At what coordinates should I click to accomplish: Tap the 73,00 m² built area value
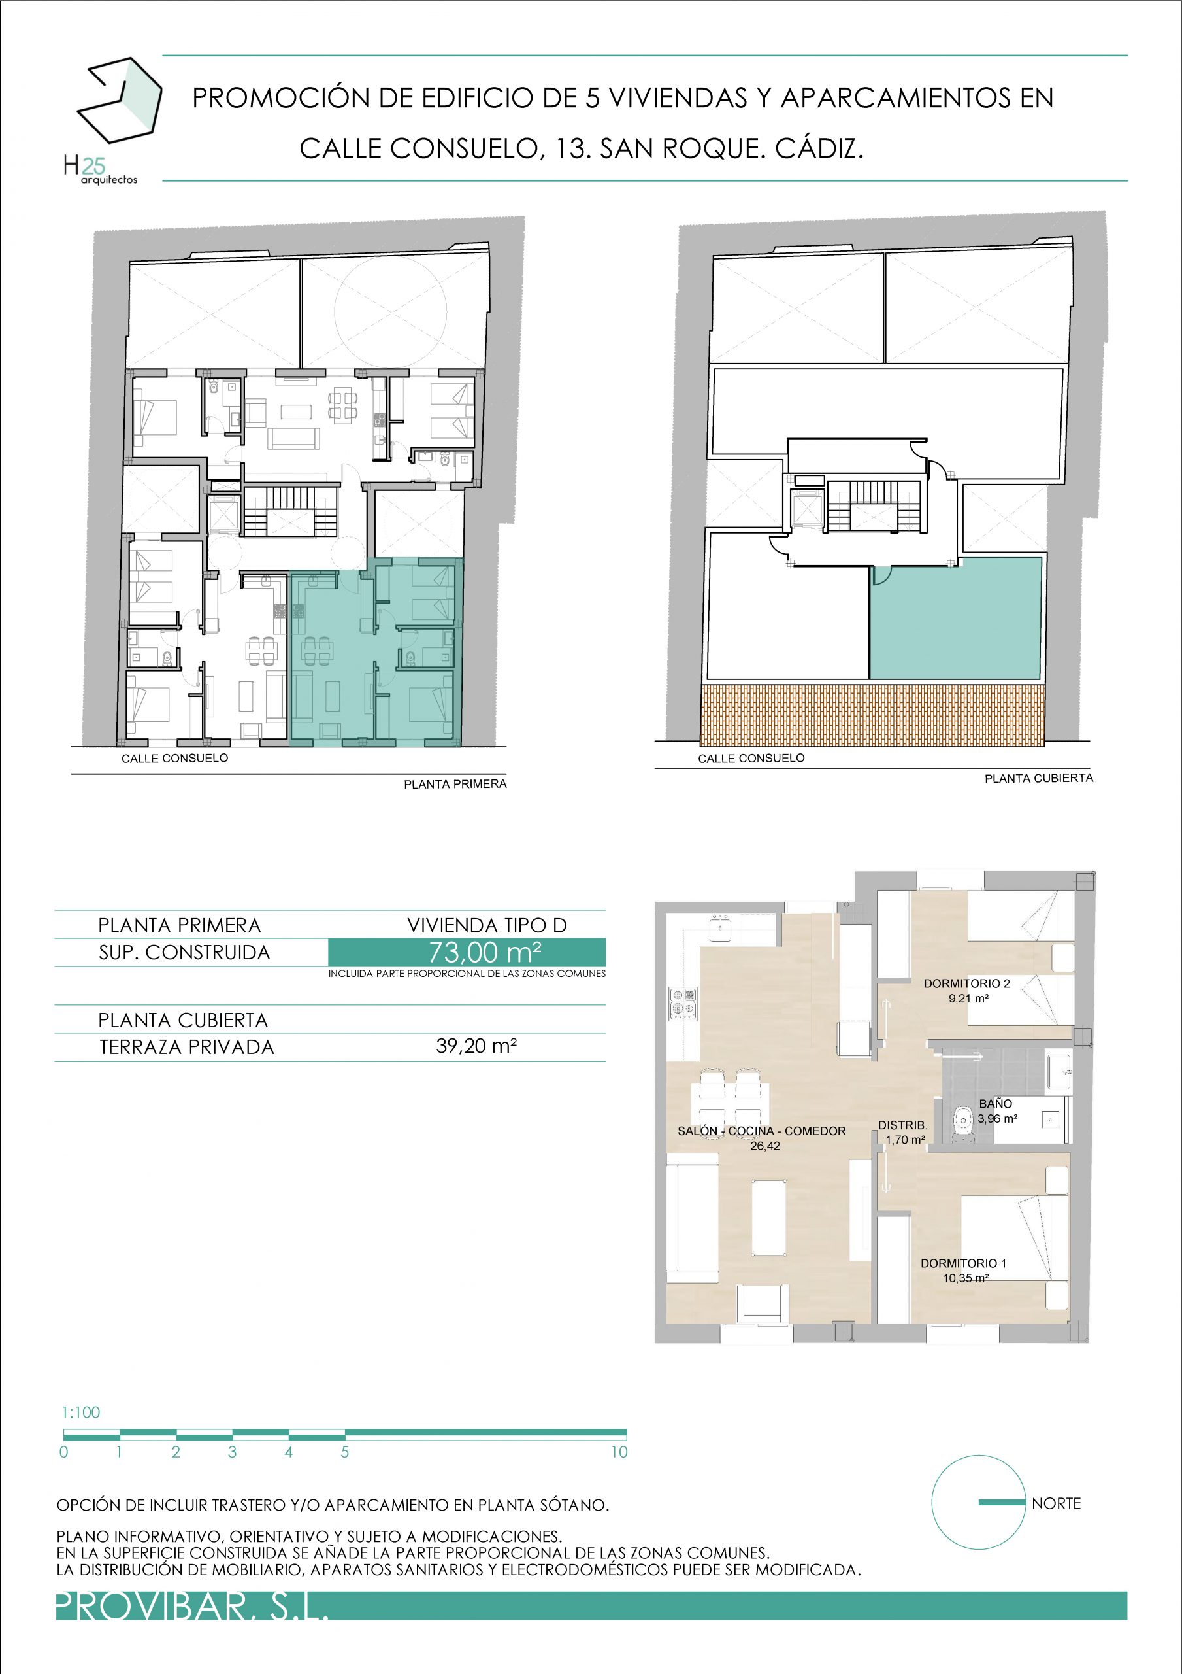pos(485,952)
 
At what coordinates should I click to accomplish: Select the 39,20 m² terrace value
pos(476,1046)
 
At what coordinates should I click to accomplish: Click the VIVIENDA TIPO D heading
pos(487,925)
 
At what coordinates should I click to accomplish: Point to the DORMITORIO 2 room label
pos(966,983)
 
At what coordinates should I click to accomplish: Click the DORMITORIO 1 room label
pos(963,1263)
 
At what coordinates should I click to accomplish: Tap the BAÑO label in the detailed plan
pos(995,1104)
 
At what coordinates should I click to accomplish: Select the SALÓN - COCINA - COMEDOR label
pos(761,1131)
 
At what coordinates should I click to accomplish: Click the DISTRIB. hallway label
pos(902,1126)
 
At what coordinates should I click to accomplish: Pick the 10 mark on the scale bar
pos(619,1452)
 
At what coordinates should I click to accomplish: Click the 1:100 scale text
pos(81,1412)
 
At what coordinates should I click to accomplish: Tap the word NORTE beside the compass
pos(1056,1503)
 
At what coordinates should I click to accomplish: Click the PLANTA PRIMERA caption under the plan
pos(455,784)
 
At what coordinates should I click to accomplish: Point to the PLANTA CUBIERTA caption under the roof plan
pos(1038,778)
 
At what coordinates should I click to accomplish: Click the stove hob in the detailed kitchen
pos(683,1002)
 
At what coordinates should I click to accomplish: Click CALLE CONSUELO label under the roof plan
pos(751,759)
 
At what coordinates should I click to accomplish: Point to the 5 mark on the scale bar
pos(345,1452)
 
